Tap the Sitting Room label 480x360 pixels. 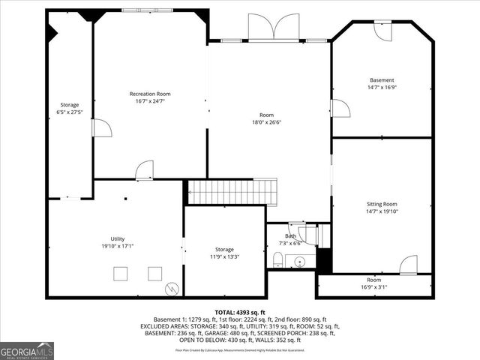381,204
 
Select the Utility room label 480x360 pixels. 118,238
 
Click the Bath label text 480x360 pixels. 290,236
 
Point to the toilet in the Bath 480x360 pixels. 277,260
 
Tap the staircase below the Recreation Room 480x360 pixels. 232,192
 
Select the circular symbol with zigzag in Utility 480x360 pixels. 172,287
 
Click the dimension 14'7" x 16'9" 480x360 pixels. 381,88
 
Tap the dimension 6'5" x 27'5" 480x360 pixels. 69,112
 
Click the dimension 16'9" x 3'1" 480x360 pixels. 373,286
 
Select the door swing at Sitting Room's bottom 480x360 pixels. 408,265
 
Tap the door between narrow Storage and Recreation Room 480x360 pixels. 101,128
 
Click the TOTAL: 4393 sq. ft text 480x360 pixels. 239,312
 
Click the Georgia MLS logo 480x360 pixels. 27,350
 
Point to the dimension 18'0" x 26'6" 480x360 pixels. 268,122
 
